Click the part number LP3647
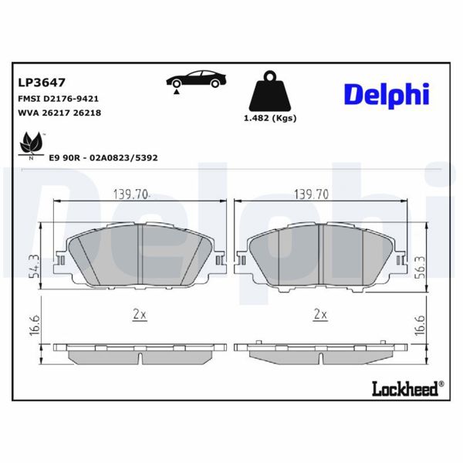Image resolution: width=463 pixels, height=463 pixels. click(x=41, y=82)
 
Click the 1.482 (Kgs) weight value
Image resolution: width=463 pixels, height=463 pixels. click(x=270, y=118)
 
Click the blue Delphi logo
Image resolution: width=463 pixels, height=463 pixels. click(x=385, y=94)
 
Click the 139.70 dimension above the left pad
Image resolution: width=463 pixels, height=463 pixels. click(x=131, y=194)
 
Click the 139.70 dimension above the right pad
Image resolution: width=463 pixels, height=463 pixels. click(x=313, y=194)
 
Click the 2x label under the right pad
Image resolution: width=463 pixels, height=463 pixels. click(x=320, y=315)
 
